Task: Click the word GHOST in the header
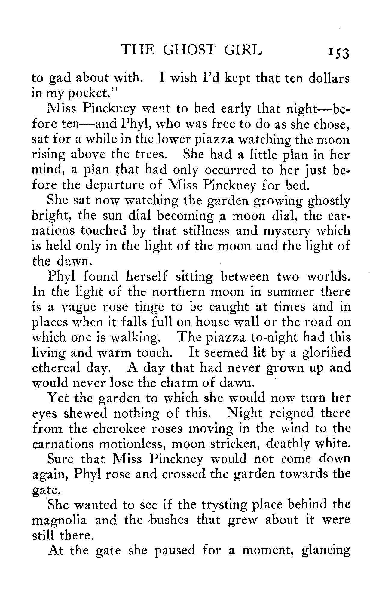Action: pos(190,50)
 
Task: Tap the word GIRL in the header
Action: pos(243,50)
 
